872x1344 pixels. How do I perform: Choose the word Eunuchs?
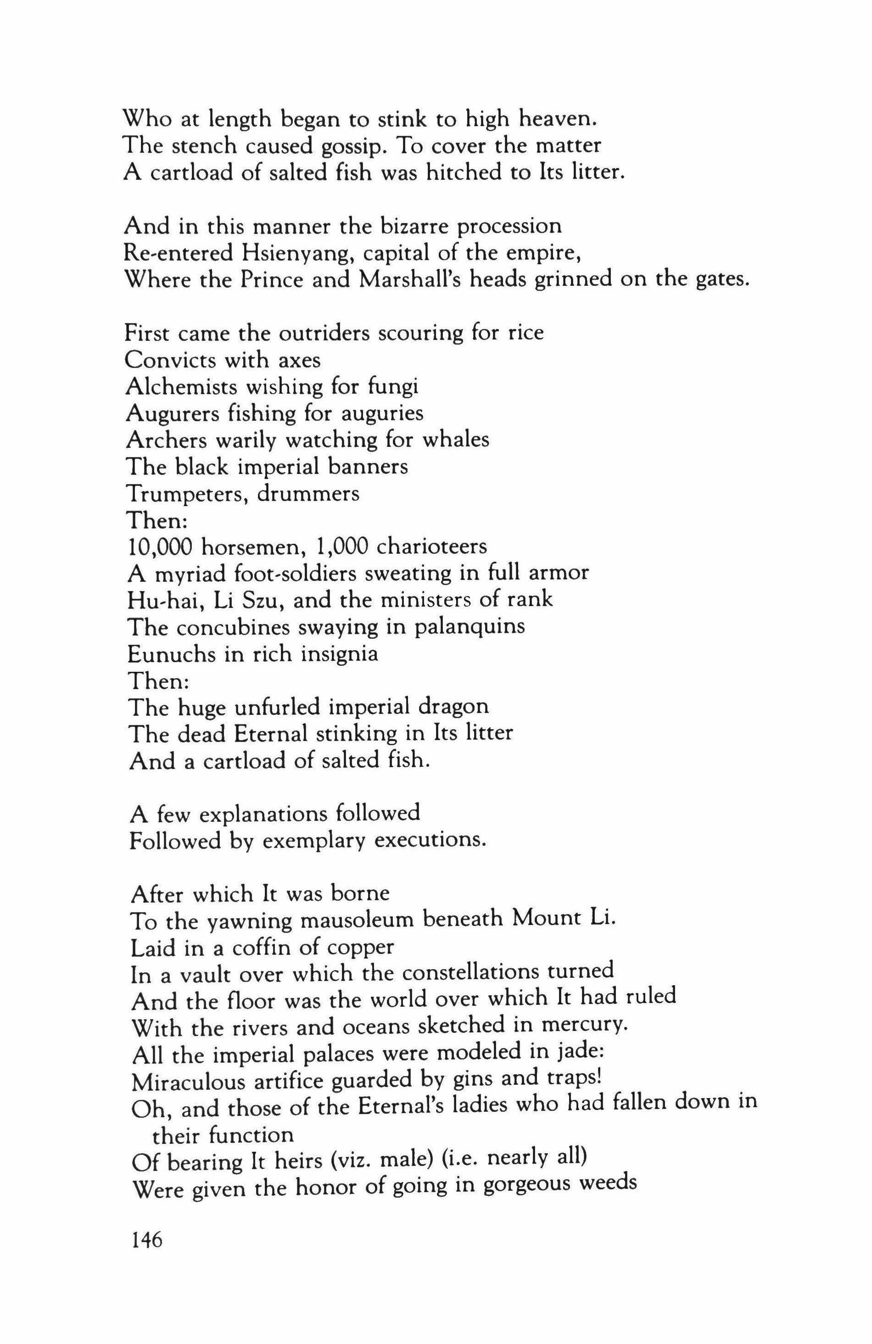pyautogui.click(x=171, y=654)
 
